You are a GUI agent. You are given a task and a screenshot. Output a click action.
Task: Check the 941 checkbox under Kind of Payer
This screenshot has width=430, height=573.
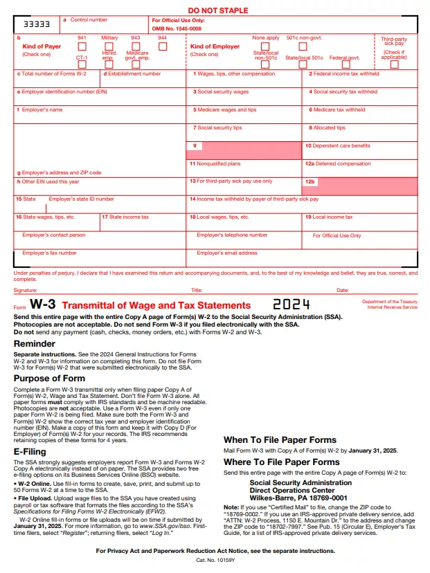[81, 46]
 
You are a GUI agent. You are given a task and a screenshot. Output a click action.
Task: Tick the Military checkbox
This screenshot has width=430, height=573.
[109, 46]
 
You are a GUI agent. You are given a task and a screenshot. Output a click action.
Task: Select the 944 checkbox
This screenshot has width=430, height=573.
[163, 46]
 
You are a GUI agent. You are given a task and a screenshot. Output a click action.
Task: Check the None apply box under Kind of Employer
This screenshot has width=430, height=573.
[267, 46]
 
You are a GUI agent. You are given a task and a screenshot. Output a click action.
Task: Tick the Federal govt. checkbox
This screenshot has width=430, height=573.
[344, 64]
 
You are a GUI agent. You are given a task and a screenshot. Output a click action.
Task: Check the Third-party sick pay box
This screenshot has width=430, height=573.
[394, 64]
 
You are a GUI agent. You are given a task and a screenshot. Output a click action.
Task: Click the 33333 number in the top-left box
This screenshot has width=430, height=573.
[33, 24]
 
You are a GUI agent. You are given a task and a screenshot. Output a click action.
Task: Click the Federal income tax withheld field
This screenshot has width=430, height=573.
[361, 80]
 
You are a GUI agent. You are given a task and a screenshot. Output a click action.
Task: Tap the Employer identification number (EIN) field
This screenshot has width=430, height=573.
[100, 98]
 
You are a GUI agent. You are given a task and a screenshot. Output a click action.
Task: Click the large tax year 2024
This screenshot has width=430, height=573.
[291, 304]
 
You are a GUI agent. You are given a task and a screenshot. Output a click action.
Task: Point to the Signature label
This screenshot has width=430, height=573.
[26, 291]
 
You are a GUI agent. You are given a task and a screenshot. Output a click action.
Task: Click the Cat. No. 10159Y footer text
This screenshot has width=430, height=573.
[215, 559]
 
